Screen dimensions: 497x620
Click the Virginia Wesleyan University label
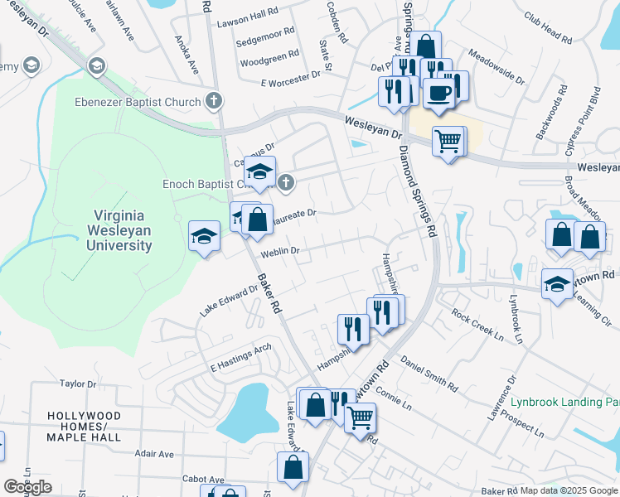[121, 231]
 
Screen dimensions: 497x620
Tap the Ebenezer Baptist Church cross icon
[214, 103]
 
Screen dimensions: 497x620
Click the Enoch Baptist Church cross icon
[286, 182]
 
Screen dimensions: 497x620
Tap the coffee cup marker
[438, 92]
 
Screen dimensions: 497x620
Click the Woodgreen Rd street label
[269, 61]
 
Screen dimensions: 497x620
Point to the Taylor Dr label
[79, 384]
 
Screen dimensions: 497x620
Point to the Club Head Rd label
[548, 27]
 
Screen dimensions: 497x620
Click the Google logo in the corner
[27, 487]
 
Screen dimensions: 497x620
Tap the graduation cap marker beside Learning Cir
[557, 284]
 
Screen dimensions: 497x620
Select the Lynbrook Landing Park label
[564, 402]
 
